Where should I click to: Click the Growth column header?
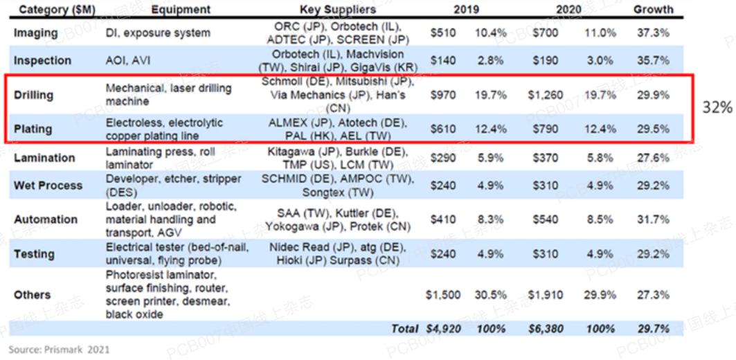[653, 10]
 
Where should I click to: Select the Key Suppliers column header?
[338, 10]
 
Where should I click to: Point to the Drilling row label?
[33, 95]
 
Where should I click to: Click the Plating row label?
[32, 129]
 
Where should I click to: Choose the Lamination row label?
[44, 158]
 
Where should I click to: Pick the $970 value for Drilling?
[443, 95]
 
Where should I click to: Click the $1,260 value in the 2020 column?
[546, 95]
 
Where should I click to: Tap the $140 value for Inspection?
[443, 60]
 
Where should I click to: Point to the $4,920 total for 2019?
[443, 328]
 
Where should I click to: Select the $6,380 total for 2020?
[545, 328]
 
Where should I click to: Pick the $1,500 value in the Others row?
[443, 295]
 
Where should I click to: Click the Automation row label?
[46, 219]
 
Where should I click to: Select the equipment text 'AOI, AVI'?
[129, 60]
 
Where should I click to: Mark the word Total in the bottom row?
[404, 328]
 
